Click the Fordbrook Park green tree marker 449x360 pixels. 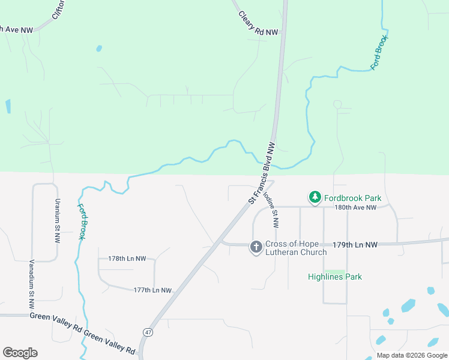[x=315, y=197]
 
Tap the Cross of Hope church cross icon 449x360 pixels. [x=256, y=247]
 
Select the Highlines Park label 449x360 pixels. [x=334, y=277]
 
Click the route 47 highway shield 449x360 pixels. [x=147, y=331]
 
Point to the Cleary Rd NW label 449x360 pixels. [x=258, y=24]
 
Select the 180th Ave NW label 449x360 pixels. [x=355, y=207]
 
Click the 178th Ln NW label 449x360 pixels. [x=127, y=259]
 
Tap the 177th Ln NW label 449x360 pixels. [x=152, y=290]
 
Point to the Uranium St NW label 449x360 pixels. [x=58, y=220]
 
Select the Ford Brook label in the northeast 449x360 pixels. [x=380, y=53]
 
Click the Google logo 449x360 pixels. [x=20, y=353]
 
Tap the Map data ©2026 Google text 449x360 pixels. [x=411, y=355]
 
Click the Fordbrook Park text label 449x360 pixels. [x=353, y=197]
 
